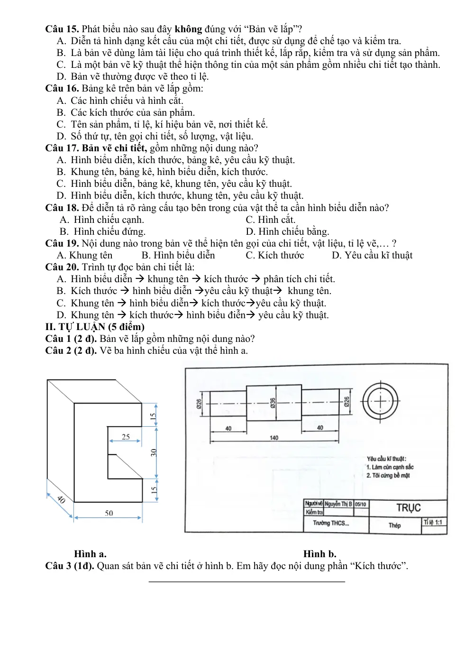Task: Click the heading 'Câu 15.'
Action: click(62, 29)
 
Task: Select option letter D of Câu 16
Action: click(61, 136)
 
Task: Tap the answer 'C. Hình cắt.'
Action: click(270, 220)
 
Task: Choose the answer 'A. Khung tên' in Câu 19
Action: click(85, 255)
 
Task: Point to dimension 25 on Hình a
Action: click(126, 437)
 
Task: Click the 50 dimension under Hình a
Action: click(109, 513)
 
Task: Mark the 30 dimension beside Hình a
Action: click(154, 452)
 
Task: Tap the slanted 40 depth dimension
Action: click(61, 499)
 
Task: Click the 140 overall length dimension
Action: click(274, 438)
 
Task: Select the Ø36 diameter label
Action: click(273, 403)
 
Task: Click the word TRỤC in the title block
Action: click(409, 508)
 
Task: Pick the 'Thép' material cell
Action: click(395, 525)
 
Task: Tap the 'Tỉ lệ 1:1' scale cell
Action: click(433, 523)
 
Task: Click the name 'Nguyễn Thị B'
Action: click(338, 504)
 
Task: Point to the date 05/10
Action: click(361, 505)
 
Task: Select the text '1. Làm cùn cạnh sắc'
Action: click(390, 467)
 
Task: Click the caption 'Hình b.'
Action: click(320, 554)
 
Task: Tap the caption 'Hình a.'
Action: click(91, 554)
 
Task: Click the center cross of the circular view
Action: click(380, 401)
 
